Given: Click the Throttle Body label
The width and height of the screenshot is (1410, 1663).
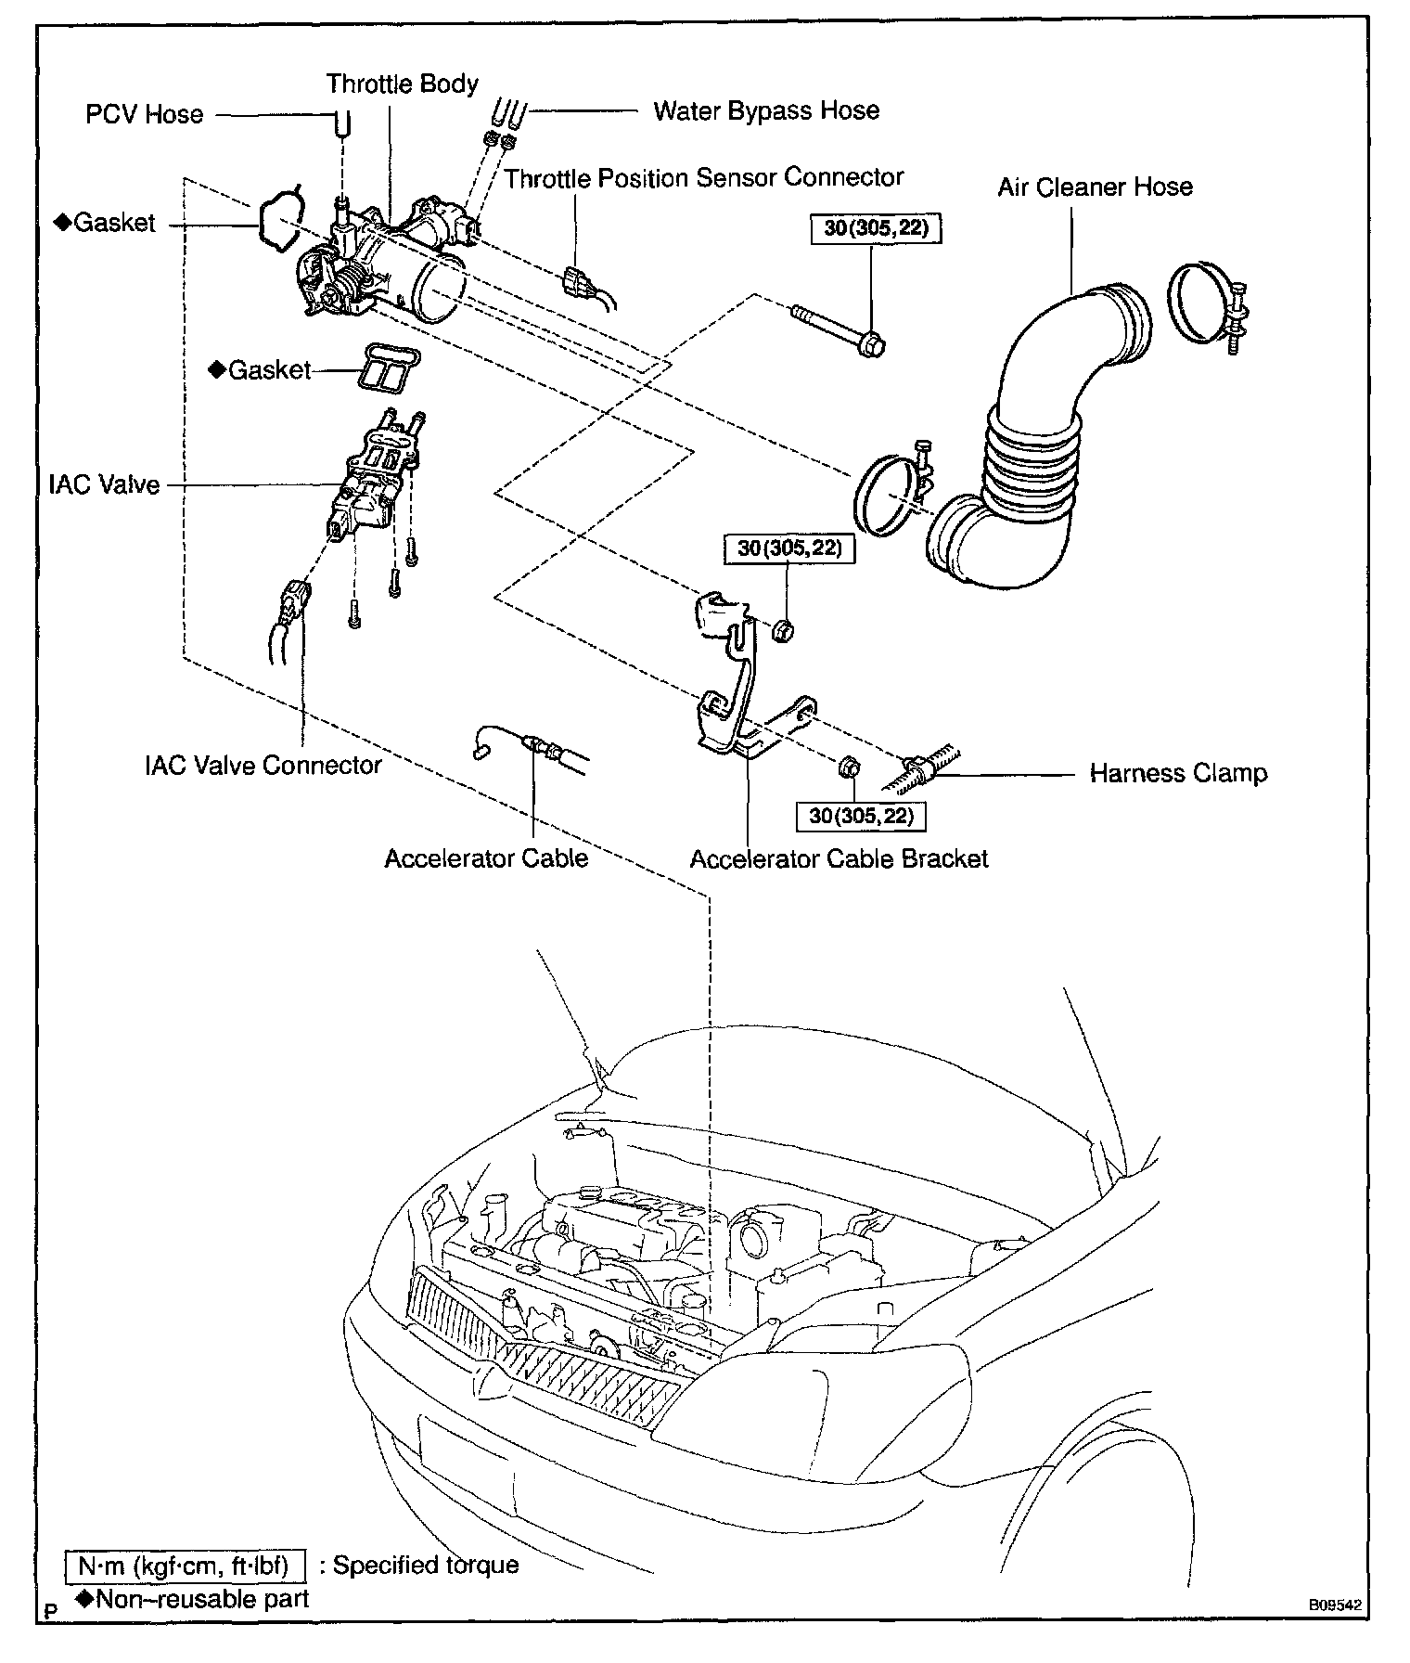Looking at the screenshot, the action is tap(402, 84).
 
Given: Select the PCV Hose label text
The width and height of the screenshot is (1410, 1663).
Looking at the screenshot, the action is tap(144, 115).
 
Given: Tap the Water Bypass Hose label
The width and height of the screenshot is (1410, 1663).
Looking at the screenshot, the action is tap(766, 111).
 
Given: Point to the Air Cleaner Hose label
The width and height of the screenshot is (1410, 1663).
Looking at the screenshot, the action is tap(1095, 187).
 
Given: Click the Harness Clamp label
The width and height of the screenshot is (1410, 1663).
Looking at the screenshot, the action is tap(1178, 773).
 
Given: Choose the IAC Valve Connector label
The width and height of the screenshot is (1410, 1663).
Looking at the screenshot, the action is tap(263, 765).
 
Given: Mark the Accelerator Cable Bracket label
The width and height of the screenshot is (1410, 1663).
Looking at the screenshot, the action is tap(839, 858).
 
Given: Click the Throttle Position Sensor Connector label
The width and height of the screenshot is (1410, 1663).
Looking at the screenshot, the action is tap(704, 177).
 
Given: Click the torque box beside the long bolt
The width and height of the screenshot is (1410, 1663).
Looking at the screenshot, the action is tap(876, 228).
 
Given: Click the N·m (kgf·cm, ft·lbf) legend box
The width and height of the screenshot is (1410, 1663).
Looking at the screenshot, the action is tap(186, 1566).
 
